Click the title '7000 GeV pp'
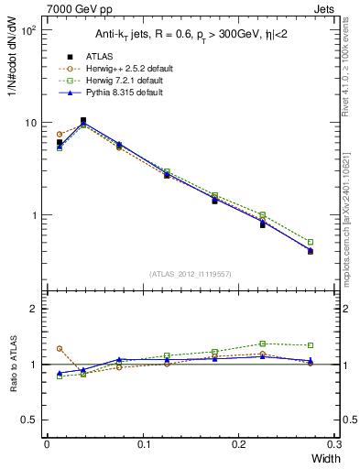pos(75,7)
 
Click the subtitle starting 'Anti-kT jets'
pos(182,35)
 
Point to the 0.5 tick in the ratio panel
pos(27,420)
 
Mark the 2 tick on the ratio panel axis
pos(32,309)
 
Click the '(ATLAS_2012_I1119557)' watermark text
pos(190,274)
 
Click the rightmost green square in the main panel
pos(311,242)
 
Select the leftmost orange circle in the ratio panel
pos(60,348)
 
